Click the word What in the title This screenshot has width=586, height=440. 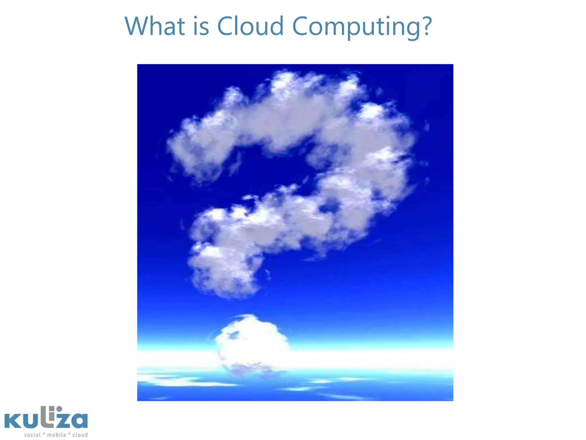click(x=155, y=26)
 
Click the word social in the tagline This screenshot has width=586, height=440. click(x=32, y=435)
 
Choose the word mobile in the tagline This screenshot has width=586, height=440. click(x=56, y=435)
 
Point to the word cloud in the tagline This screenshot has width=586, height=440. click(x=80, y=435)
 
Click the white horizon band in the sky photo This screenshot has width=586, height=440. click(x=372, y=358)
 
